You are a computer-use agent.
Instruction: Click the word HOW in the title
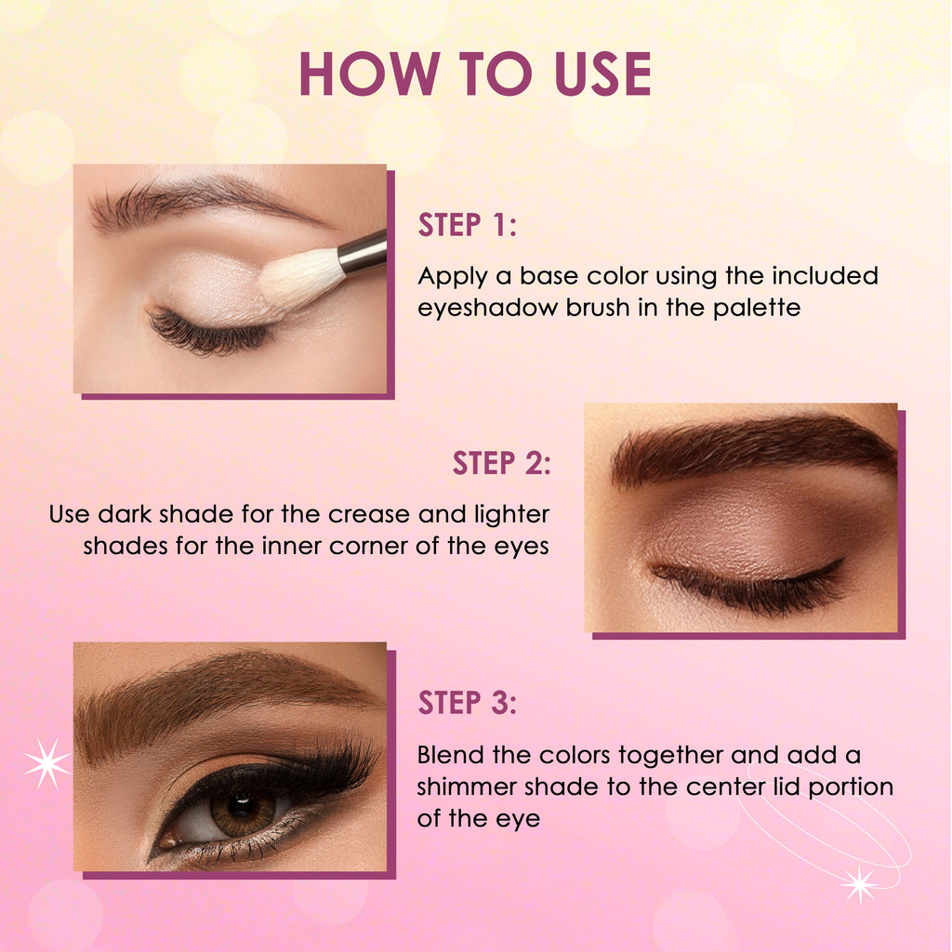[370, 73]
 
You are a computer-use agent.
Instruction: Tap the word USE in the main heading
[602, 73]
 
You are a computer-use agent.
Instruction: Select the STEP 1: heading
[467, 225]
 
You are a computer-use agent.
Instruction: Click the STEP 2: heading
[501, 463]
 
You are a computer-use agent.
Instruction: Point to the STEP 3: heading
[467, 703]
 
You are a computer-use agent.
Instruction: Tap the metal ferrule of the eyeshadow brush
[363, 253]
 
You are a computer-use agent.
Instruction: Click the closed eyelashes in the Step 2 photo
[750, 586]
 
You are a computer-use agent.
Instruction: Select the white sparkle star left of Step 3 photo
[47, 763]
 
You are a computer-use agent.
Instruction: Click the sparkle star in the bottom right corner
[860, 885]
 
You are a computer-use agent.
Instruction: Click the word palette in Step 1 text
[757, 308]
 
